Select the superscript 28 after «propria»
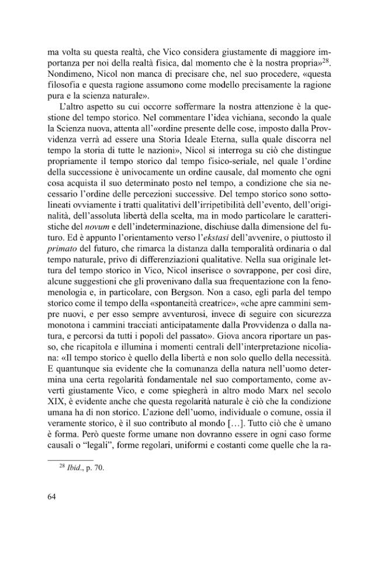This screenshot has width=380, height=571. [x=325, y=59]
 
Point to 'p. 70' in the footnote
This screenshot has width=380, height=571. [x=95, y=468]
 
